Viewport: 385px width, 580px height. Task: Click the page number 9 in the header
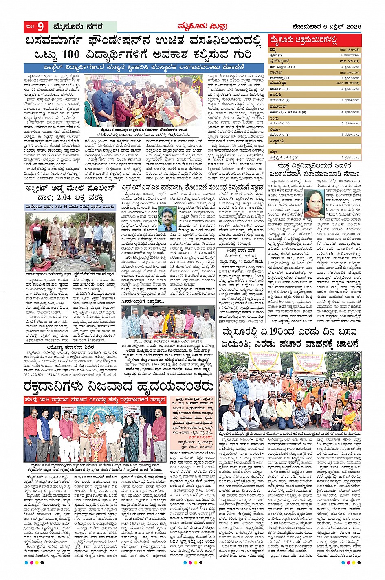click(x=41, y=27)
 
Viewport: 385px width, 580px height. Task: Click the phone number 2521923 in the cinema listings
click(x=352, y=50)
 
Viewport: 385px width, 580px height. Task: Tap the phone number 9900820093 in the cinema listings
click(x=350, y=83)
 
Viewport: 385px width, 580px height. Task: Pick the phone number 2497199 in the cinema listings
click(x=352, y=72)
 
